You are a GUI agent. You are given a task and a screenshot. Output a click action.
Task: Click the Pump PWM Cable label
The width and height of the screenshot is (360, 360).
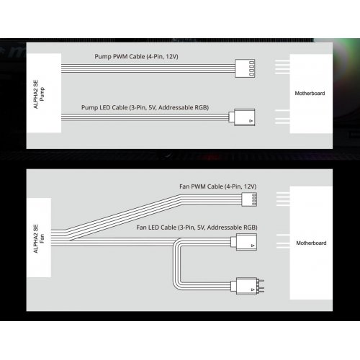click(136, 57)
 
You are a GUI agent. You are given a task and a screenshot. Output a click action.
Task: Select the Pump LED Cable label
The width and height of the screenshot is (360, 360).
click(145, 107)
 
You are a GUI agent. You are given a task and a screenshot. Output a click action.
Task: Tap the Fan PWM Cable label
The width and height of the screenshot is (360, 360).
click(218, 186)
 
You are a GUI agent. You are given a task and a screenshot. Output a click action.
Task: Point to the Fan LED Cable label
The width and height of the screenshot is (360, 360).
click(197, 228)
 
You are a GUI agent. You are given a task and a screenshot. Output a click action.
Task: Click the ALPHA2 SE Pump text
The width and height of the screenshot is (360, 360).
click(39, 94)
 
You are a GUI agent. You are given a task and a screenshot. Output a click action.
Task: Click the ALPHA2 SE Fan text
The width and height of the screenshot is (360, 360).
click(39, 238)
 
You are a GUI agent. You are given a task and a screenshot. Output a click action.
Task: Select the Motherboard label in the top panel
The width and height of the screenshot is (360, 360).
click(310, 93)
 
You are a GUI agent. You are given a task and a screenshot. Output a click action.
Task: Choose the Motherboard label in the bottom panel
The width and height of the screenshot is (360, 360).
click(311, 243)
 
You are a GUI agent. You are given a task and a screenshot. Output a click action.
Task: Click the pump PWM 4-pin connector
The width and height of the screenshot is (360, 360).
click(245, 68)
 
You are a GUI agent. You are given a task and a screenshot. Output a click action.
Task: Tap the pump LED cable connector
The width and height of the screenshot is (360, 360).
click(242, 117)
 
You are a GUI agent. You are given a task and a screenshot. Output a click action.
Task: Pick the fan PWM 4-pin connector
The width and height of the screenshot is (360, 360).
click(249, 199)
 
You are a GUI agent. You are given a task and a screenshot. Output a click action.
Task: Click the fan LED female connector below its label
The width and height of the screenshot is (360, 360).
click(244, 242)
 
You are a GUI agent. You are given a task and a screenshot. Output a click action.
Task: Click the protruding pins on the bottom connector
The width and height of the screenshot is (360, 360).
click(261, 286)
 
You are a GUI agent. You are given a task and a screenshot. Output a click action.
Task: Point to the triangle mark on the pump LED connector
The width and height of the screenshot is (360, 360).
click(251, 121)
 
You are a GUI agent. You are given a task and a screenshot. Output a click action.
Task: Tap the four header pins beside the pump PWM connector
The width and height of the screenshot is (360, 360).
click(282, 67)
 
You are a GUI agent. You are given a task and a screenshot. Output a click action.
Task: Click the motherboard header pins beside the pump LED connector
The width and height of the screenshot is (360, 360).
click(282, 117)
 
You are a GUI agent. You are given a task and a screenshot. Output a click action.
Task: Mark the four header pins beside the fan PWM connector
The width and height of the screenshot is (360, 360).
click(283, 199)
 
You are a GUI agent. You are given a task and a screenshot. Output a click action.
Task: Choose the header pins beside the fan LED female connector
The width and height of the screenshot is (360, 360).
click(283, 241)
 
